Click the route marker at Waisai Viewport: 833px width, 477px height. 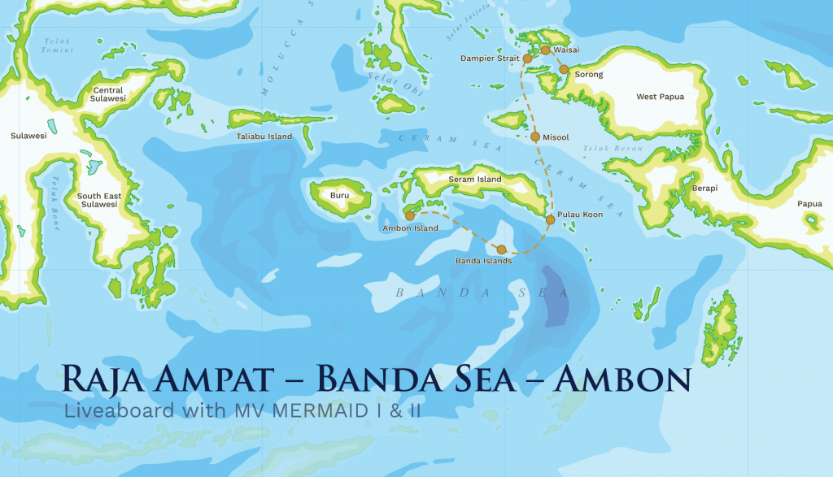[545, 50]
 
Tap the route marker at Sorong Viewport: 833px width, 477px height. [564, 69]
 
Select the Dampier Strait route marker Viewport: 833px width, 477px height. [527, 59]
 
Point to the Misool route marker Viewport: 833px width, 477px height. [535, 137]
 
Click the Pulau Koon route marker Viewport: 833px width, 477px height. [550, 220]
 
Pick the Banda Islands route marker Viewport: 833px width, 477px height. [501, 249]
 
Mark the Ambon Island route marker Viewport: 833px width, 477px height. [409, 216]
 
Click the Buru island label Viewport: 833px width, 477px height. [339, 196]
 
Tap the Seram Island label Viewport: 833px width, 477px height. [475, 179]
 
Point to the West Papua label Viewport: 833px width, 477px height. [660, 97]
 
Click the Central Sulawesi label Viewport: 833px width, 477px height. [108, 94]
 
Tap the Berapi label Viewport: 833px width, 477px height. [704, 188]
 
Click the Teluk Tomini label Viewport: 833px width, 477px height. [58, 46]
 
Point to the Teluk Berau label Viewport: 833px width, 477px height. [601, 150]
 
